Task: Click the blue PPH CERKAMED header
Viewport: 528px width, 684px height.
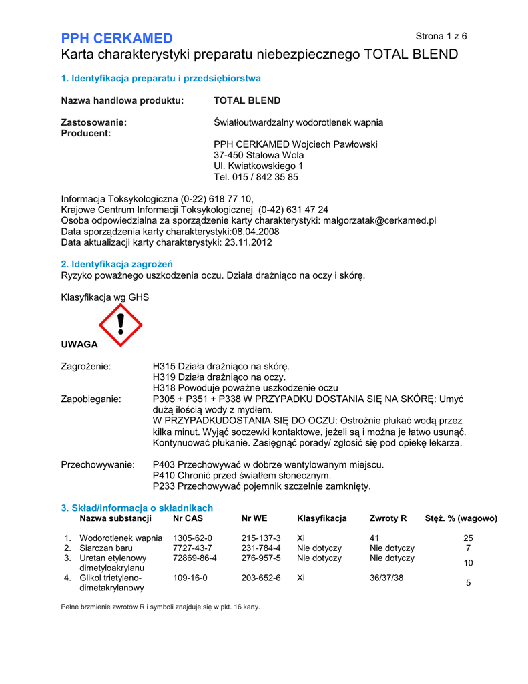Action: pos(117,38)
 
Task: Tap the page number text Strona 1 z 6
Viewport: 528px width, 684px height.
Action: pos(441,35)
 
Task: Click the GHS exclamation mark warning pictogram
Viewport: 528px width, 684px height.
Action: pos(121,325)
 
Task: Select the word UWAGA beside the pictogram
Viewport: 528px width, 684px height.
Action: pos(79,344)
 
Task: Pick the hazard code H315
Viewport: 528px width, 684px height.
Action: pos(164,367)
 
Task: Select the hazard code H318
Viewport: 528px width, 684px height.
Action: pos(164,388)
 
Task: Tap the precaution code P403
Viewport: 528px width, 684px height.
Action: pos(164,464)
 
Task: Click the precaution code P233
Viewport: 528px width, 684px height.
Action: pos(164,486)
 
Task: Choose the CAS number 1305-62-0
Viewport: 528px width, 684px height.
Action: pos(192,538)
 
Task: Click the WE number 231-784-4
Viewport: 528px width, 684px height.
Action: pos(261,548)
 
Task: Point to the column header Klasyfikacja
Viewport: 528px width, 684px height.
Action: pos(322,518)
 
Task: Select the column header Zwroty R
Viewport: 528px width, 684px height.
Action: pos(388,518)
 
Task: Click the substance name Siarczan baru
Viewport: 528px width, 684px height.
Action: pos(106,548)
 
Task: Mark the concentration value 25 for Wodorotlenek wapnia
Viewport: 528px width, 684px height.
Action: pos(468,538)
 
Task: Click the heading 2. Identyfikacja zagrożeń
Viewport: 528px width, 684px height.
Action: pos(117,264)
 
